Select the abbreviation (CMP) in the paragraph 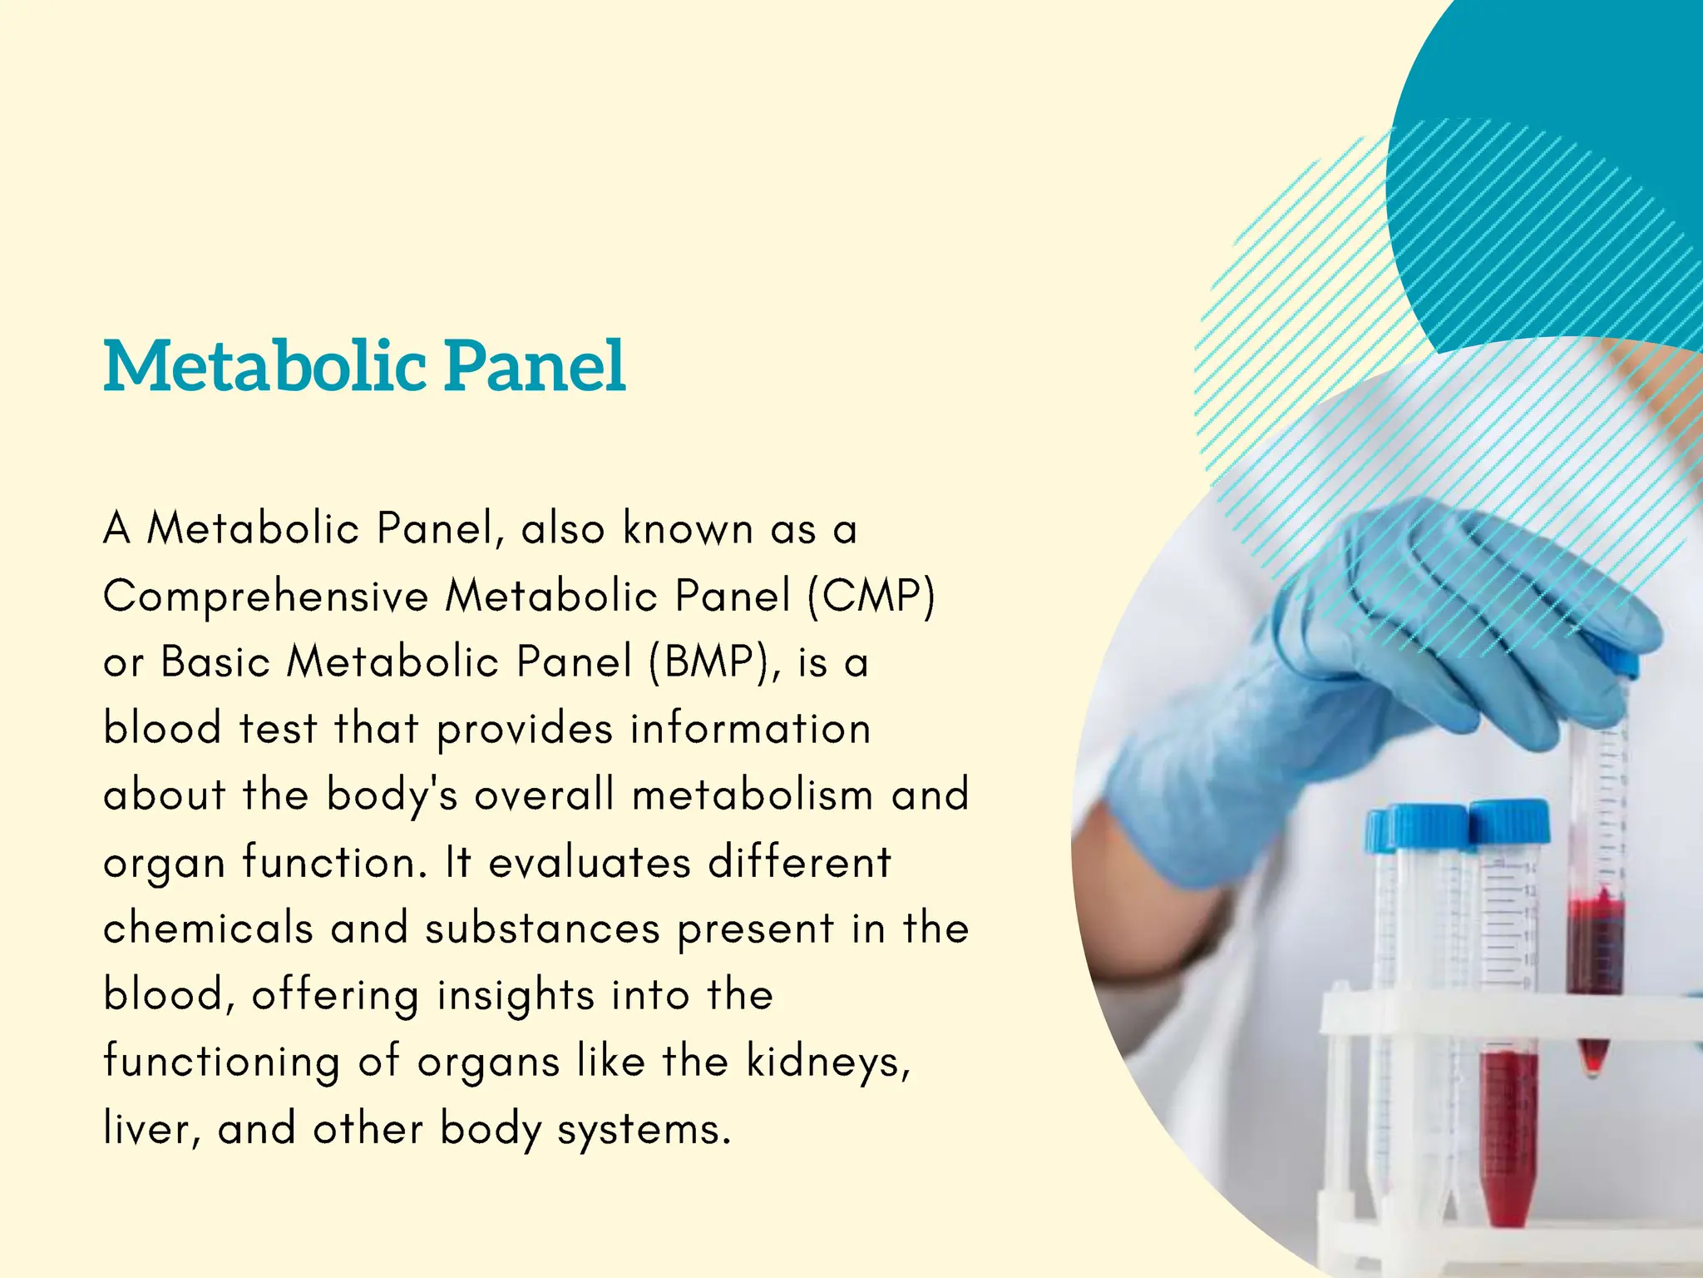[x=871, y=596]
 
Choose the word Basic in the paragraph [x=215, y=662]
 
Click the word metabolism [x=753, y=795]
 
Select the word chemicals [x=208, y=928]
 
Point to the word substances [x=542, y=928]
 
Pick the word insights [x=516, y=996]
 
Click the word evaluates [x=590, y=862]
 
